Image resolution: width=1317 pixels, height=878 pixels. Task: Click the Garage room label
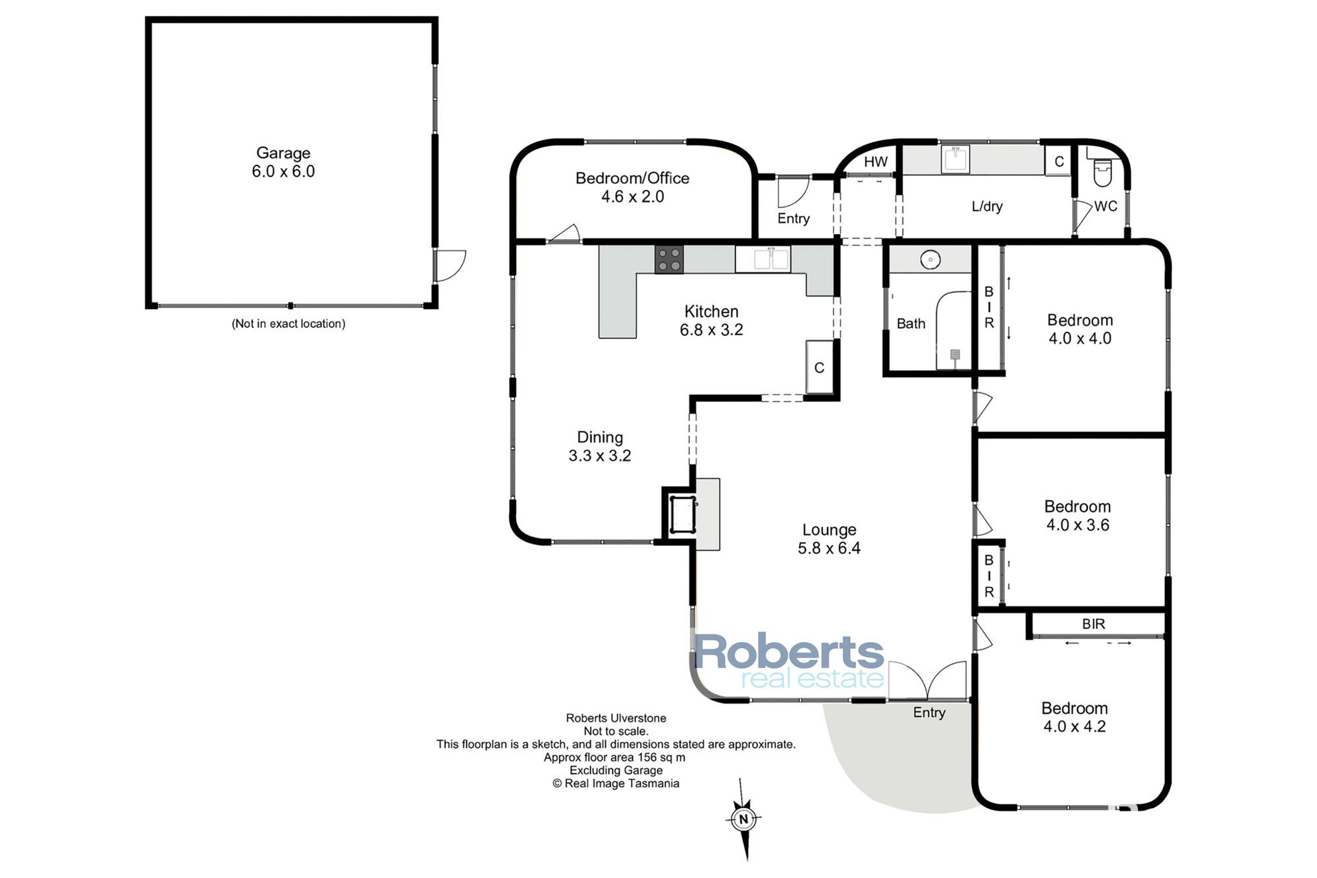coord(283,162)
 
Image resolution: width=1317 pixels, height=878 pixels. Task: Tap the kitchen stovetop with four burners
coord(669,259)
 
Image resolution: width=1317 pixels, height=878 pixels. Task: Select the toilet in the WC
coord(1102,171)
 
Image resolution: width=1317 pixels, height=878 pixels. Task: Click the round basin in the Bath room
coord(930,260)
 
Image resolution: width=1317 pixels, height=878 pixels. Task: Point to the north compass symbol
coord(744,819)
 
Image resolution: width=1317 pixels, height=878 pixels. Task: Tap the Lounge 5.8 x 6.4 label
coord(829,539)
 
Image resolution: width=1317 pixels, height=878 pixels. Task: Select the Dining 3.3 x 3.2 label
coord(600,446)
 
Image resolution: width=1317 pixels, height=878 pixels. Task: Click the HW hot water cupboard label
coord(876,161)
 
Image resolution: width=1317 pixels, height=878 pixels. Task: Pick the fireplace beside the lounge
coord(682,514)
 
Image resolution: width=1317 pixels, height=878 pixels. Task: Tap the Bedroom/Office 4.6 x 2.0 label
coord(632,187)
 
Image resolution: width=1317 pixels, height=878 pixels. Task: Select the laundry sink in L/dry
coord(955,159)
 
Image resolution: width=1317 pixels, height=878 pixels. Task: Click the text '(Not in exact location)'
coord(288,323)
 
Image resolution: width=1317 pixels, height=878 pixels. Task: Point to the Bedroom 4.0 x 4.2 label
coord(1075,717)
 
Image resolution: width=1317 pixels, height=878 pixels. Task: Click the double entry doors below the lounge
coord(928,680)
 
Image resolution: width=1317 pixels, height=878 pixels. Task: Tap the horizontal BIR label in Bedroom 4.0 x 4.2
coord(1094,624)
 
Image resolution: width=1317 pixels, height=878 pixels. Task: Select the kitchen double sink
coord(763,259)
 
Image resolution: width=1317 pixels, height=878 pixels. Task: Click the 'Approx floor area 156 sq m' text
coord(614,757)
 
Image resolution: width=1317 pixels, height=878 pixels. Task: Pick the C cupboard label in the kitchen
coord(819,368)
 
